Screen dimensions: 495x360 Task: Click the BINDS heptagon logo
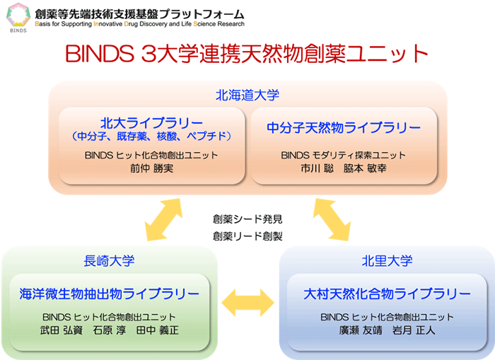click(x=18, y=15)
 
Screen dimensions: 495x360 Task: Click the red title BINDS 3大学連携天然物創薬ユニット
click(x=247, y=53)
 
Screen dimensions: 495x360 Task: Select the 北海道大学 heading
click(x=248, y=95)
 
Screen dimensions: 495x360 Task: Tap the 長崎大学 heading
click(x=109, y=261)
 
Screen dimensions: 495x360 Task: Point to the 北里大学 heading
click(x=387, y=261)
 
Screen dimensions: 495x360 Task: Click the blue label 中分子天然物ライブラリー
click(x=344, y=127)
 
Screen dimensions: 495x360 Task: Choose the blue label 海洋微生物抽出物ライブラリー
click(x=109, y=294)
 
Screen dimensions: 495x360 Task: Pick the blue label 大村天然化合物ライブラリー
click(x=387, y=294)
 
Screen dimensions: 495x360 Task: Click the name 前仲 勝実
click(x=152, y=168)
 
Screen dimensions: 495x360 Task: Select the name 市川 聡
click(x=317, y=168)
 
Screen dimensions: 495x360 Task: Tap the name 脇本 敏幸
click(x=365, y=168)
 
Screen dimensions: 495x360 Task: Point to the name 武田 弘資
click(x=62, y=330)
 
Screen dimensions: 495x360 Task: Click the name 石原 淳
click(x=109, y=330)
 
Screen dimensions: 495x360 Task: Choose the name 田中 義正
click(x=158, y=330)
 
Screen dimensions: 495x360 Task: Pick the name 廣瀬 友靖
click(x=361, y=330)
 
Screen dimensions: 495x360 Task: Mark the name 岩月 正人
click(x=414, y=330)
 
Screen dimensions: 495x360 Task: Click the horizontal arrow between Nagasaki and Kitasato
click(x=248, y=303)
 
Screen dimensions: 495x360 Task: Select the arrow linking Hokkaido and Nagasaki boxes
click(x=163, y=220)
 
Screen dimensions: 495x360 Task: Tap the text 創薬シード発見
click(x=248, y=219)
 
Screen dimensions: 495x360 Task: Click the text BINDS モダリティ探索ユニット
click(x=343, y=155)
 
